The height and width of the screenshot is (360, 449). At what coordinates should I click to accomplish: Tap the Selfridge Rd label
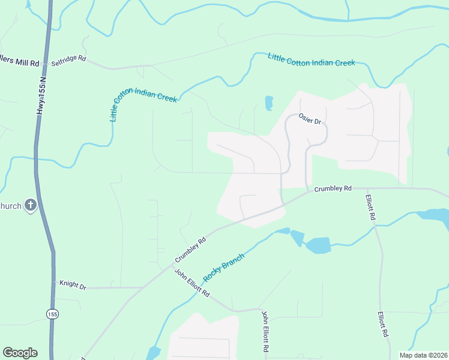68,60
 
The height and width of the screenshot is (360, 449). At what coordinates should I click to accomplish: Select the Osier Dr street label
311,121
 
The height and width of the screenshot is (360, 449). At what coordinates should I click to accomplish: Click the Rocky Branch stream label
224,268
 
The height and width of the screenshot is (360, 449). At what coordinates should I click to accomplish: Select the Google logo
20,353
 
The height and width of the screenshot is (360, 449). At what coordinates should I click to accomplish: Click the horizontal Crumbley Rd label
333,188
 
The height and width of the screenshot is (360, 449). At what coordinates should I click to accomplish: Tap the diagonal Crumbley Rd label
191,250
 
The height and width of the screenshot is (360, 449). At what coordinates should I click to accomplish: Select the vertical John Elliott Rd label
264,331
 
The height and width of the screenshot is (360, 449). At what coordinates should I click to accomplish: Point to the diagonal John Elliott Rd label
192,283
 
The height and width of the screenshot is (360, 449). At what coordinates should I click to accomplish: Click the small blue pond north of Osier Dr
269,103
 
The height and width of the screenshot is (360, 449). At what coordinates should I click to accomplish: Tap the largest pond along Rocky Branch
318,245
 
